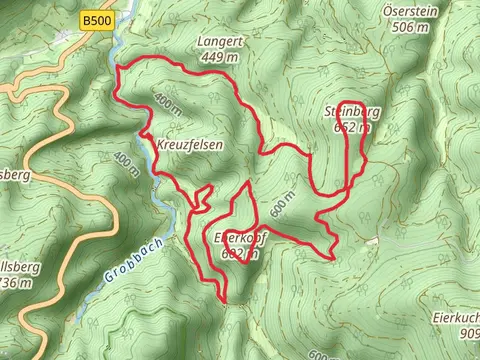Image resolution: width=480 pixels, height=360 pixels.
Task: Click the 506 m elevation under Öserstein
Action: pos(412,27)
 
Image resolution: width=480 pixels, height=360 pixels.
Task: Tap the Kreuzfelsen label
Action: pos(189,144)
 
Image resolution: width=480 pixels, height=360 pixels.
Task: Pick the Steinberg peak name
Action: pos(351,113)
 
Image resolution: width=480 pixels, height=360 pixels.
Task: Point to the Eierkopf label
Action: pos(237,238)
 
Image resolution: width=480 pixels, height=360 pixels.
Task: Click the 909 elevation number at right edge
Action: pos(468,332)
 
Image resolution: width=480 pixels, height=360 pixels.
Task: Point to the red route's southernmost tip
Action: pos(224,300)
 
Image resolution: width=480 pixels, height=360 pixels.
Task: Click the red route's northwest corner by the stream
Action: pos(118,68)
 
